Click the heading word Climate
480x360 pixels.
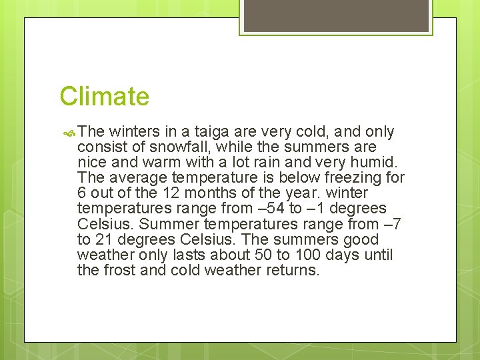click(104, 97)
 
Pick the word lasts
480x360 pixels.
click(175, 255)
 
